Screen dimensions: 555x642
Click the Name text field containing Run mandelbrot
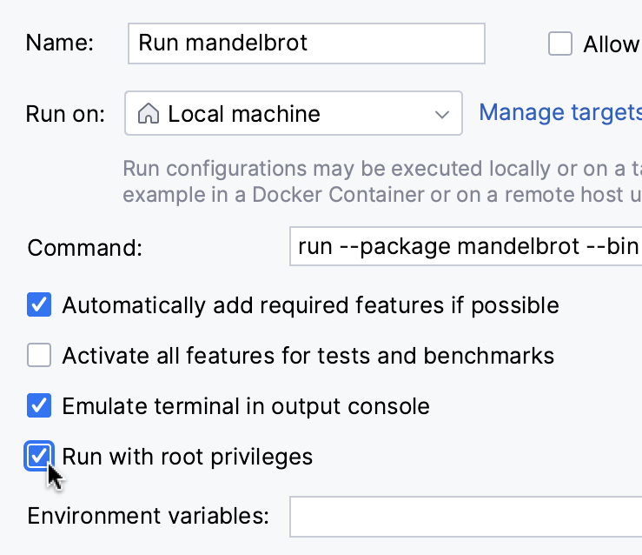click(306, 43)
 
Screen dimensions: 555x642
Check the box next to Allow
click(560, 44)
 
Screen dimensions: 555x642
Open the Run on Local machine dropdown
click(293, 114)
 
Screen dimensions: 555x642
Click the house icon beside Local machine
click(149, 114)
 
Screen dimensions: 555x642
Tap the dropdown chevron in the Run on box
click(442, 114)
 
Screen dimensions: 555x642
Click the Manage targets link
click(560, 112)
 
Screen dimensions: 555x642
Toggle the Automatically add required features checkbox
click(39, 305)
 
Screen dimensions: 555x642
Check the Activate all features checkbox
click(39, 355)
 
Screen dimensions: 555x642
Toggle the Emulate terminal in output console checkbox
click(39, 405)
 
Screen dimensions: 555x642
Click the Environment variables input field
click(466, 517)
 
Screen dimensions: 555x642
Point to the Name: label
click(61, 43)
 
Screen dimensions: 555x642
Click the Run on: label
click(66, 114)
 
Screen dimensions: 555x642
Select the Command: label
click(84, 248)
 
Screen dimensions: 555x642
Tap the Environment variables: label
click(148, 516)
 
